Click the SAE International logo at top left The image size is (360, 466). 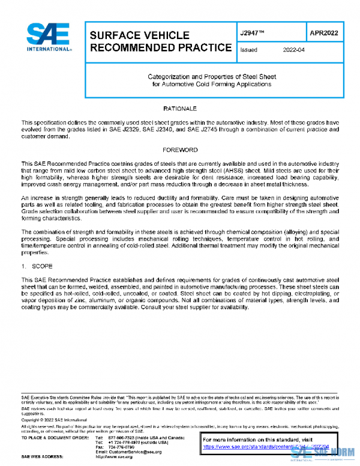(49, 38)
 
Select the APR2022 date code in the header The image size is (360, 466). (325, 33)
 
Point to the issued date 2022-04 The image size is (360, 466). (294, 50)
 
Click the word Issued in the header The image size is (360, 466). (248, 50)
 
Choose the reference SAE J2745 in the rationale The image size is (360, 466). (227, 129)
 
